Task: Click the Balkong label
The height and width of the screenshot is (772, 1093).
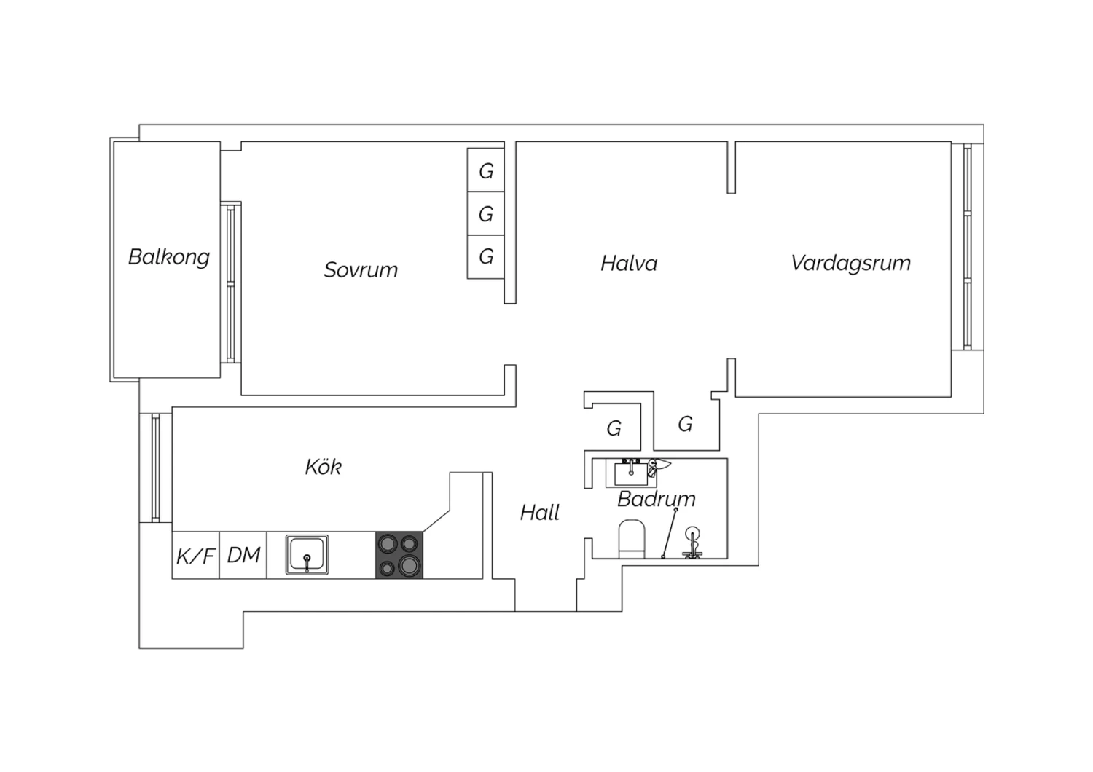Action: [x=169, y=257]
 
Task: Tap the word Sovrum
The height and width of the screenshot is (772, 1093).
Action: [x=361, y=269]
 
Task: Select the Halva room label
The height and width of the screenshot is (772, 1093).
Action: [x=629, y=264]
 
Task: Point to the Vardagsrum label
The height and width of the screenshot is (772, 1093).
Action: [x=850, y=264]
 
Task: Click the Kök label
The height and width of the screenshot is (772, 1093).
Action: [x=323, y=467]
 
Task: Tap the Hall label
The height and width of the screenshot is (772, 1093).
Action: [x=540, y=513]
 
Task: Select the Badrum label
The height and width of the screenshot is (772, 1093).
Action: [x=657, y=499]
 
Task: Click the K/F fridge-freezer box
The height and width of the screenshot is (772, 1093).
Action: [x=196, y=555]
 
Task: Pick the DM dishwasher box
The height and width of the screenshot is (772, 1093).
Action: [x=243, y=555]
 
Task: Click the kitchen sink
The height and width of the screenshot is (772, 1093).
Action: [x=307, y=554]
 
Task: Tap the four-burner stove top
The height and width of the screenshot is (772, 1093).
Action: [x=399, y=555]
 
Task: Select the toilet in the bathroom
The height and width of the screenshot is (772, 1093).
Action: [x=632, y=539]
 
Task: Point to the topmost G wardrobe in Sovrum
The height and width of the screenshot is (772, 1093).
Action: [x=485, y=170]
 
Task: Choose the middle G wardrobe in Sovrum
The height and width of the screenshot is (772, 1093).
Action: [x=485, y=213]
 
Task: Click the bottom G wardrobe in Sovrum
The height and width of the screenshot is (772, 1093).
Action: [x=485, y=257]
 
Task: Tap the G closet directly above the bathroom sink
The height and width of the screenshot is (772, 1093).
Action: [x=614, y=428]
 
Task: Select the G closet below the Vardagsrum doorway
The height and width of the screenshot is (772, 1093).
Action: [x=685, y=424]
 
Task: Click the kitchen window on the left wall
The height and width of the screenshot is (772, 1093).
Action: [x=156, y=468]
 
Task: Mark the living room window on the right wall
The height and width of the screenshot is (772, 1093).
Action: [x=968, y=247]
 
